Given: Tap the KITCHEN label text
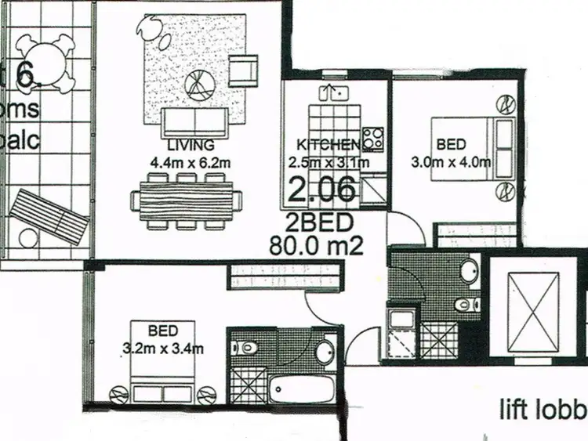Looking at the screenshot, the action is [x=328, y=144].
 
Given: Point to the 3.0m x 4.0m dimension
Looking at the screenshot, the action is [x=452, y=163].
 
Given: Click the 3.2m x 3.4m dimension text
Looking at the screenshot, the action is [x=165, y=348].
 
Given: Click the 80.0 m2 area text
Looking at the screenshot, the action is [x=316, y=246].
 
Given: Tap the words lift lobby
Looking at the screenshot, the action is [x=543, y=408].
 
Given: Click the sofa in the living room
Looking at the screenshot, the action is [x=194, y=122].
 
